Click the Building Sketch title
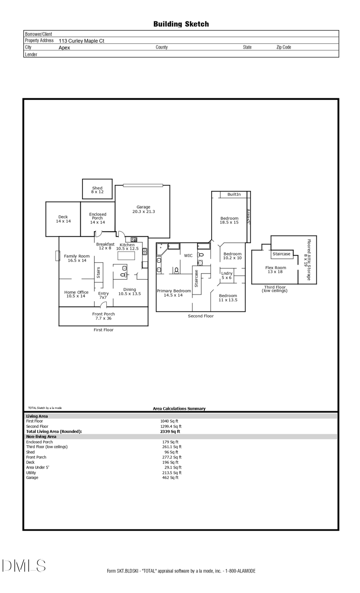pyautogui.click(x=181, y=24)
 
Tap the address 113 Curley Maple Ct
pyautogui.click(x=81, y=41)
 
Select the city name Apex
pyautogui.click(x=64, y=48)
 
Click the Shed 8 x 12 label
pyautogui.click(x=97, y=190)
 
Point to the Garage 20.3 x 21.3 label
pyautogui.click(x=143, y=209)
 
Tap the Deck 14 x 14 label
pyautogui.click(x=63, y=219)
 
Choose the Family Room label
pyautogui.click(x=77, y=258)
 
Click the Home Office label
pyautogui.click(x=76, y=294)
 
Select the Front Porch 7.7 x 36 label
pyautogui.click(x=103, y=316)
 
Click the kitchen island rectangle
pyautogui.click(x=126, y=256)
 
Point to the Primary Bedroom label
pyautogui.click(x=174, y=293)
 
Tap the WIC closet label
pyautogui.click(x=188, y=256)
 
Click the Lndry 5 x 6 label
pyautogui.click(x=226, y=276)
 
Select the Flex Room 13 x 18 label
pyautogui.click(x=276, y=270)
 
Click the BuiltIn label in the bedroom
pyautogui.click(x=234, y=194)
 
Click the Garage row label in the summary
pyautogui.click(x=32, y=477)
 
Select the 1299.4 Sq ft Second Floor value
pyautogui.click(x=171, y=426)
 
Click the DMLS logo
pyautogui.click(x=24, y=565)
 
